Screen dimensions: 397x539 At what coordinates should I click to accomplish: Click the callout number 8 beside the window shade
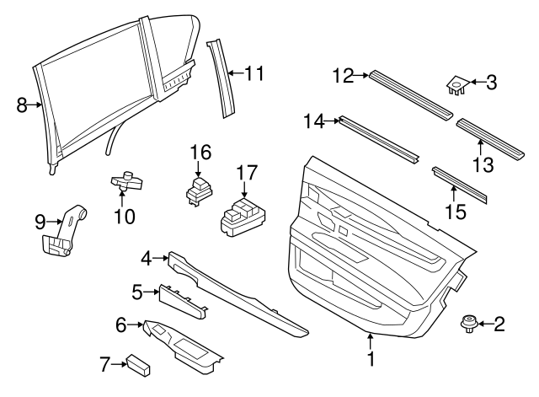23,105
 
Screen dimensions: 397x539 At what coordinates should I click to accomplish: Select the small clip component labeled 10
125,180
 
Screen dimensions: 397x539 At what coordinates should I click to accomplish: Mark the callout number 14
315,121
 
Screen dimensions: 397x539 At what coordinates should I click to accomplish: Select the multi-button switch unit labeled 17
241,214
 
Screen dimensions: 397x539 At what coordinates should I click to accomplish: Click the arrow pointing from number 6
136,324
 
